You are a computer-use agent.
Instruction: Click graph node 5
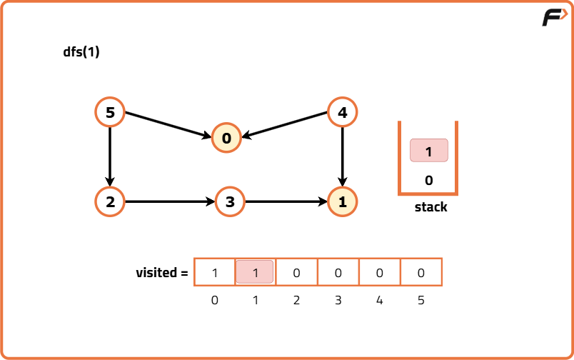[109, 112]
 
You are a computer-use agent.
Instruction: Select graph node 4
[342, 112]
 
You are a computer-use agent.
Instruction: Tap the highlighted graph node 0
[226, 139]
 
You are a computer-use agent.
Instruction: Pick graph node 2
[109, 201]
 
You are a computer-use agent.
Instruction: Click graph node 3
[229, 201]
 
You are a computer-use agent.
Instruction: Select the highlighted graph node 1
[342, 201]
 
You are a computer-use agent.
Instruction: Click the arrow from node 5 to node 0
[168, 125]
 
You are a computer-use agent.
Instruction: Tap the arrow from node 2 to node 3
[169, 201]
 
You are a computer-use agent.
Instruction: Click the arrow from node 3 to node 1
[286, 201]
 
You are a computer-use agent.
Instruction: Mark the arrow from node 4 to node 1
[342, 156]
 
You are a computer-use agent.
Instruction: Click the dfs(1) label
[81, 52]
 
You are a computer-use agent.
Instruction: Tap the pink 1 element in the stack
[428, 151]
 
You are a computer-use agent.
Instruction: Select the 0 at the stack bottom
[428, 181]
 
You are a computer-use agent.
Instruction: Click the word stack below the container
[430, 207]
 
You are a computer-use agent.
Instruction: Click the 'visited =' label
[162, 272]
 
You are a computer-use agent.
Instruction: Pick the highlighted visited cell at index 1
[255, 272]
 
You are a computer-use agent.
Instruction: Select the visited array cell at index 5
[421, 272]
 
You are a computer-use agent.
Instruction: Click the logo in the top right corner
[554, 18]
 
